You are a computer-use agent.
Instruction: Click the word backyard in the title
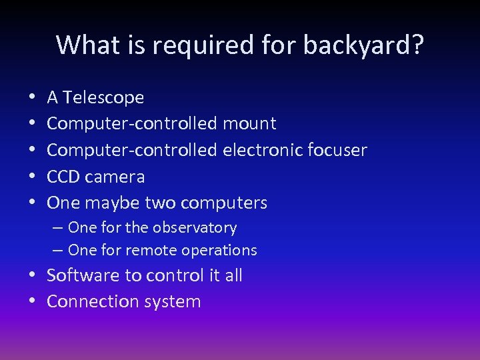pyautogui.click(x=363, y=45)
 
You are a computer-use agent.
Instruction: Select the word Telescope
pyautogui.click(x=103, y=97)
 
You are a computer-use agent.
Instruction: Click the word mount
pyautogui.click(x=249, y=123)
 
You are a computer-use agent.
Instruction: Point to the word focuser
pyautogui.click(x=338, y=150)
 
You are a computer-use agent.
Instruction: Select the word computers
pyautogui.click(x=223, y=203)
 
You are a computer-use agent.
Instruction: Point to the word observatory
pyautogui.click(x=194, y=228)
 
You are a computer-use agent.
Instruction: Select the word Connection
pyautogui.click(x=89, y=301)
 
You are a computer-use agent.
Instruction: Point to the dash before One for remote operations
pyautogui.click(x=57, y=251)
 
